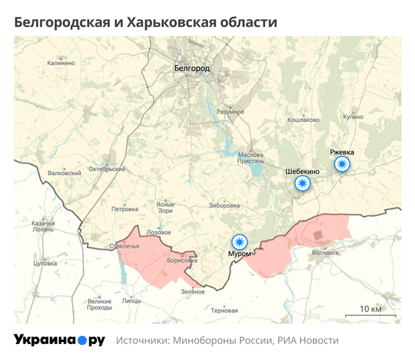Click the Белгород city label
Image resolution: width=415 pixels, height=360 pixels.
pos(192,69)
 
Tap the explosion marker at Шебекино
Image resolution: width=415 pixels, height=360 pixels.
pos(302,183)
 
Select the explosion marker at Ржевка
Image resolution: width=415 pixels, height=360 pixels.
pos(342,164)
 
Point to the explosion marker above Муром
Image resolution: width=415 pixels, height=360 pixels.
pos(239,242)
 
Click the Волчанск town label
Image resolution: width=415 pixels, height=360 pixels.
pos(325,253)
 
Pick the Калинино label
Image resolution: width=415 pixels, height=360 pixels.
pos(61,63)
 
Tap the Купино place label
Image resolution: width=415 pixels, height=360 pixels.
pos(352,117)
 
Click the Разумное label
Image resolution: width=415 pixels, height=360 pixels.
pos(230,111)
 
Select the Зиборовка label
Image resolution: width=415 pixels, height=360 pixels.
pos(224,206)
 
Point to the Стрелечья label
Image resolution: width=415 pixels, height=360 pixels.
pos(124,246)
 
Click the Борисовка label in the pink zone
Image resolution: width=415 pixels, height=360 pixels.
pos(182,261)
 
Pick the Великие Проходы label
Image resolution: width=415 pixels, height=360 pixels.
pos(100,305)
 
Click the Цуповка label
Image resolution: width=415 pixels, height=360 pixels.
pos(45,264)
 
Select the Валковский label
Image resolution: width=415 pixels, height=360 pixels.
pos(64,172)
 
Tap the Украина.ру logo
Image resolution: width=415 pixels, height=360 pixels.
pos(59,340)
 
